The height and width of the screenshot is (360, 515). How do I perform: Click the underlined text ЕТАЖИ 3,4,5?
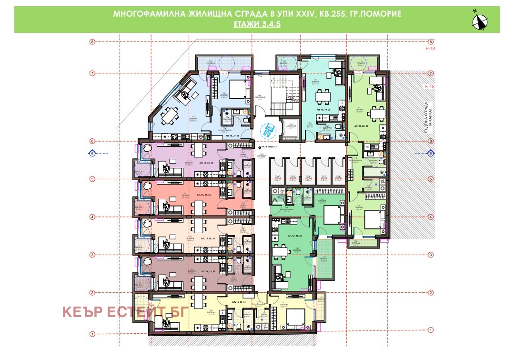(x=257, y=23)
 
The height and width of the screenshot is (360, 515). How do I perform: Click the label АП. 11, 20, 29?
(x=364, y=125)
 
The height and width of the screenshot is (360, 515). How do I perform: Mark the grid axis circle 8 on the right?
(x=431, y=41)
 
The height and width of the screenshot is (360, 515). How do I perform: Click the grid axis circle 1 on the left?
(x=92, y=333)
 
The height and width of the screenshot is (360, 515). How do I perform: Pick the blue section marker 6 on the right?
(x=431, y=154)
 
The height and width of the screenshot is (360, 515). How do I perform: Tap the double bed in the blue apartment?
(x=237, y=89)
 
